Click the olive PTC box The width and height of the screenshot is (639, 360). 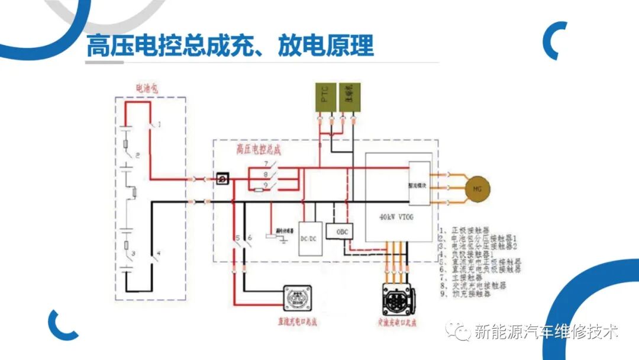324,98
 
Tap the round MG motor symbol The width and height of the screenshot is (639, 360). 477,189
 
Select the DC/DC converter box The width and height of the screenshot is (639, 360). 311,238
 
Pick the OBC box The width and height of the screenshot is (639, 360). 340,231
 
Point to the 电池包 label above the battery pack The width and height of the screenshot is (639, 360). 148,89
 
